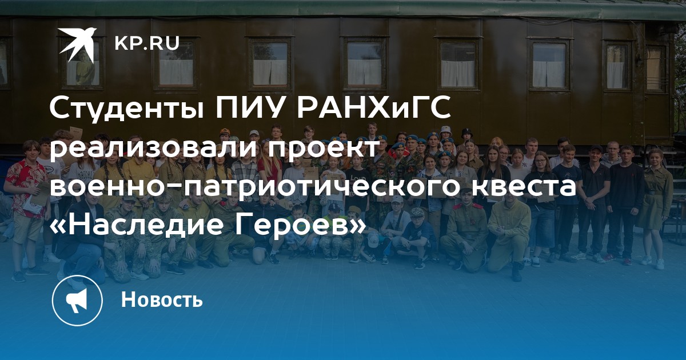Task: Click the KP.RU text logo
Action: tap(147, 43)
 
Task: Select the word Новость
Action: tap(162, 299)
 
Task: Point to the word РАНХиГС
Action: tap(373, 107)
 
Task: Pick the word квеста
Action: tap(524, 186)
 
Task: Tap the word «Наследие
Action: tap(136, 225)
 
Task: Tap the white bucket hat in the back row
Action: tap(446, 131)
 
